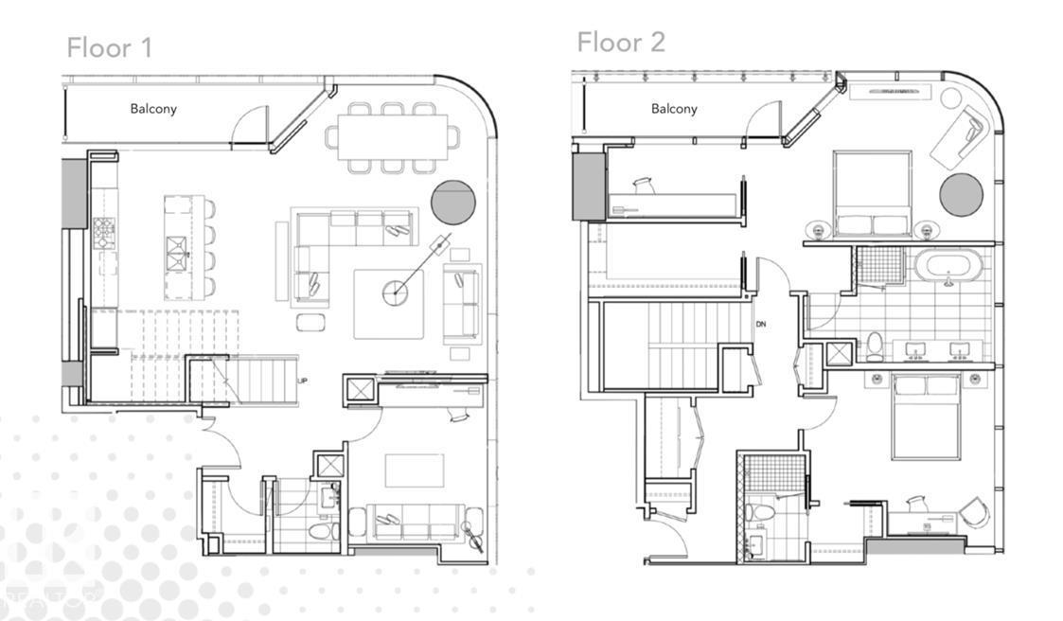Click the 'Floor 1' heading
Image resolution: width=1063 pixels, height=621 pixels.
[x=109, y=47]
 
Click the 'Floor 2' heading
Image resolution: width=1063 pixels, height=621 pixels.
[x=621, y=42]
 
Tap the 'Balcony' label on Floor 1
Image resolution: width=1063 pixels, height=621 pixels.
[x=153, y=109]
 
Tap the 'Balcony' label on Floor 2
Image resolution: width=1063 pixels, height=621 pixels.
[x=674, y=109]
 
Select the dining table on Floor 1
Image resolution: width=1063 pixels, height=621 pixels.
[x=393, y=137]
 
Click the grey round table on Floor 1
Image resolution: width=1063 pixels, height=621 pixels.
[x=453, y=202]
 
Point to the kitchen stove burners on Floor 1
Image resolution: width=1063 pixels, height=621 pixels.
[x=103, y=228]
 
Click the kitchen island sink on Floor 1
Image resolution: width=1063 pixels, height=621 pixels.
[x=178, y=247]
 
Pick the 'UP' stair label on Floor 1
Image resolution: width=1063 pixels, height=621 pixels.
[x=303, y=381]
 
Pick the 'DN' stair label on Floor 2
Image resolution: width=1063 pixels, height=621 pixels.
[x=761, y=325]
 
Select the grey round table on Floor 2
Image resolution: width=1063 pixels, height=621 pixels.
[x=961, y=194]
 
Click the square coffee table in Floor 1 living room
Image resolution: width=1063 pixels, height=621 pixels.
[x=390, y=303]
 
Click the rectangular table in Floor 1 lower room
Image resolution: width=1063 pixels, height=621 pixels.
[x=414, y=470]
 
